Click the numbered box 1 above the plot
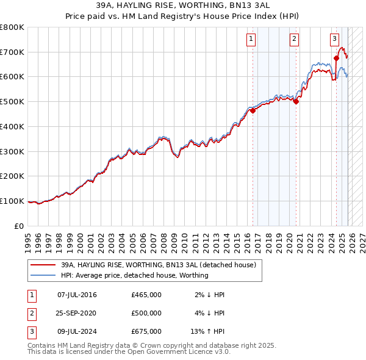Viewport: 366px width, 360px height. pyautogui.click(x=251, y=39)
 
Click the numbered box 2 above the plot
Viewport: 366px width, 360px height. pyautogui.click(x=294, y=39)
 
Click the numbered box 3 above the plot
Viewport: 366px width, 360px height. pyautogui.click(x=335, y=39)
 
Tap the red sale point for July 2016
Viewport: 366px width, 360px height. pyautogui.click(x=253, y=110)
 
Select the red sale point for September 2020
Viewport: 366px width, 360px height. pyautogui.click(x=296, y=102)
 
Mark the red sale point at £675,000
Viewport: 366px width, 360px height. pyautogui.click(x=336, y=59)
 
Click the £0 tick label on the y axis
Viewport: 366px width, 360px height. pyautogui.click(x=20, y=226)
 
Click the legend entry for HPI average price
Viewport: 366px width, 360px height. pyautogui.click(x=134, y=275)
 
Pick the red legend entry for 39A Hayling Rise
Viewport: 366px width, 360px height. pyautogui.click(x=162, y=265)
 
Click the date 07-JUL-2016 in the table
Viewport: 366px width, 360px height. pyautogui.click(x=77, y=295)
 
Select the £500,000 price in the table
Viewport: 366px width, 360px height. pyautogui.click(x=146, y=313)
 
